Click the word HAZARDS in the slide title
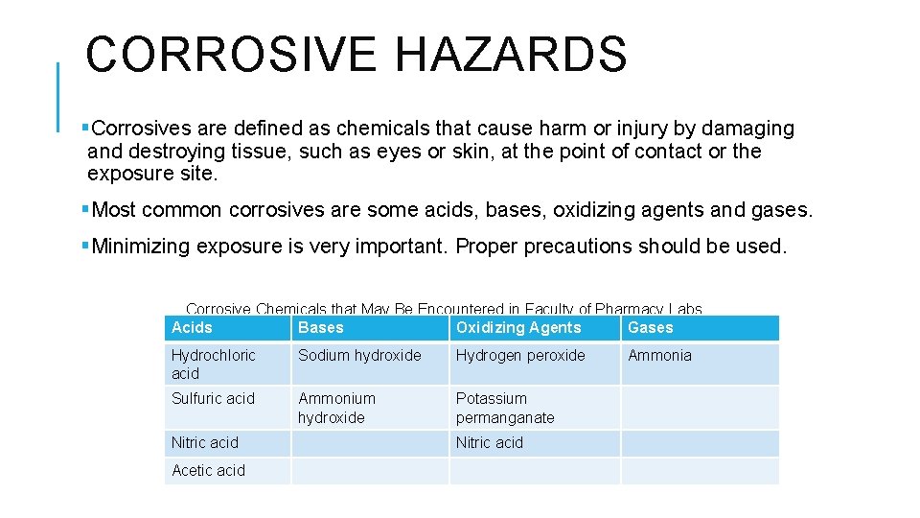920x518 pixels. click(x=511, y=54)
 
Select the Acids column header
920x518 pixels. click(x=192, y=328)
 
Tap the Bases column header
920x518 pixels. click(x=320, y=328)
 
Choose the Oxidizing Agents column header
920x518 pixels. click(x=518, y=328)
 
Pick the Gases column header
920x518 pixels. click(x=651, y=328)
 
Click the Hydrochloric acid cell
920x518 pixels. click(x=213, y=364)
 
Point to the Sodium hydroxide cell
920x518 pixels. click(x=359, y=355)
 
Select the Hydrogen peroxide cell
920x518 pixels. click(x=520, y=355)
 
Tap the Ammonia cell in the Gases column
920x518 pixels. click(x=659, y=355)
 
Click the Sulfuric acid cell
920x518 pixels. click(x=213, y=398)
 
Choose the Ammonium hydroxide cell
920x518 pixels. click(x=336, y=408)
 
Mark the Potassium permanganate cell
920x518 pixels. click(x=505, y=408)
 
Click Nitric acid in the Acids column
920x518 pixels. click(x=205, y=442)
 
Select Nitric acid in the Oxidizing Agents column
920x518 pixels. click(x=490, y=442)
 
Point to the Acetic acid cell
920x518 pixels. click(x=208, y=470)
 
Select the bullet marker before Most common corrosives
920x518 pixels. click(x=86, y=209)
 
